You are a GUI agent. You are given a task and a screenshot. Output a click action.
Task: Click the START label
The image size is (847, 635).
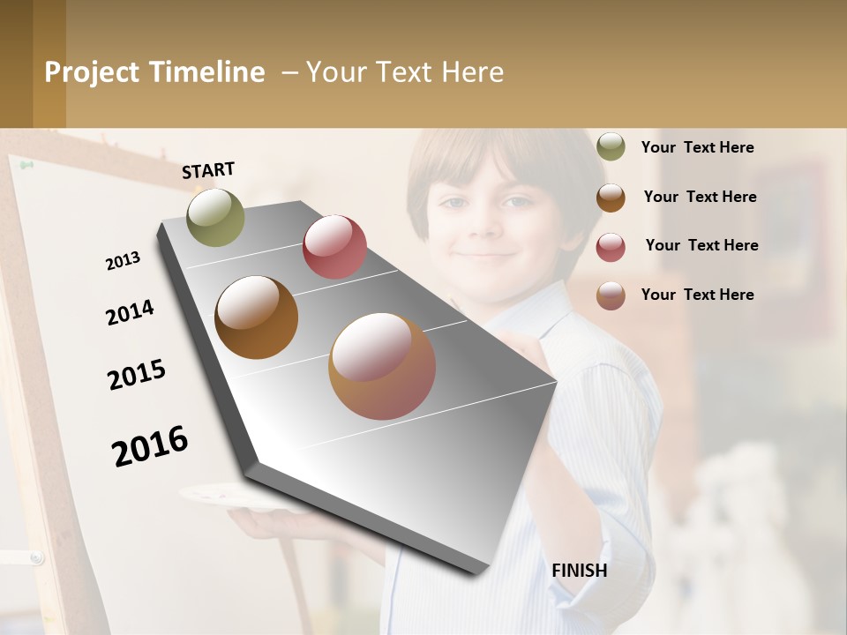point(208,170)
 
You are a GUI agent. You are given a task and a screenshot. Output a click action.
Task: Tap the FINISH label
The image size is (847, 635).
point(580,571)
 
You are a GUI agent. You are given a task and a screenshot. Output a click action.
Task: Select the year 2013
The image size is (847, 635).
point(124,261)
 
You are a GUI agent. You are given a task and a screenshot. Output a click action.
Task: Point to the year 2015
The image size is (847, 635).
point(137,375)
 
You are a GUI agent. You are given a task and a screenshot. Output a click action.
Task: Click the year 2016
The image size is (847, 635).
point(150,445)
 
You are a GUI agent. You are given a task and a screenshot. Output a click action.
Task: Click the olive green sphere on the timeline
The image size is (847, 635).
point(215,217)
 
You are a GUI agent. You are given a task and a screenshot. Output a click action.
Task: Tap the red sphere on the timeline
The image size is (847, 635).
point(334,247)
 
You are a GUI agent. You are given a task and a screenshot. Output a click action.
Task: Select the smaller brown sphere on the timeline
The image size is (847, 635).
point(256,317)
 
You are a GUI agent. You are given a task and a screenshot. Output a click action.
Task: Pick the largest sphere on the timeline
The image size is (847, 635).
point(382,366)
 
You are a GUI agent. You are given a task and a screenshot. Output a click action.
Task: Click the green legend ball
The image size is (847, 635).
point(611,147)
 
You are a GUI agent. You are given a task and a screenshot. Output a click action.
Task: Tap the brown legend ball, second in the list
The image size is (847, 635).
point(611,198)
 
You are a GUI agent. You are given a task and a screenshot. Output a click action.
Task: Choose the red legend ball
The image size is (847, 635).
point(611,247)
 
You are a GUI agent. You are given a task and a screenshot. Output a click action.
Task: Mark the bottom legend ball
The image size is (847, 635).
point(611,295)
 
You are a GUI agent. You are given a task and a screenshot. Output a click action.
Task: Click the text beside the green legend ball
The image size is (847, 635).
point(697,147)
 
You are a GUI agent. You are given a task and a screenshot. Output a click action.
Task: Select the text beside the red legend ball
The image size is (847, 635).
point(701,245)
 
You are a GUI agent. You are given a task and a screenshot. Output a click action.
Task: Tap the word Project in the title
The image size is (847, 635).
point(92,72)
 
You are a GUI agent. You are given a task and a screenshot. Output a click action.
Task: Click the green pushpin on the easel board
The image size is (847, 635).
point(26,165)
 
